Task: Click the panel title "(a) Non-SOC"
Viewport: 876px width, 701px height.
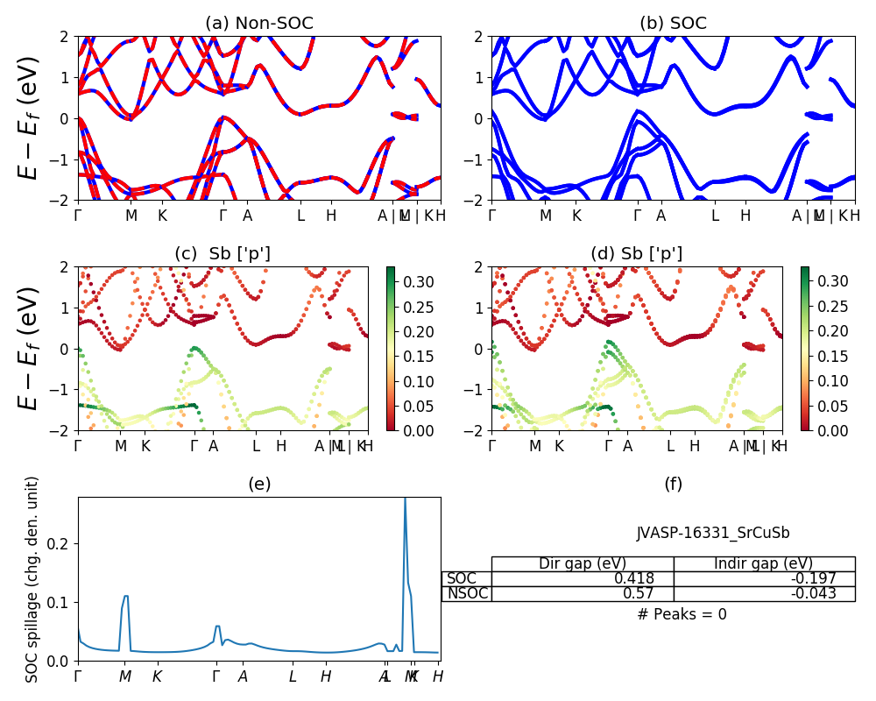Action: tap(258, 24)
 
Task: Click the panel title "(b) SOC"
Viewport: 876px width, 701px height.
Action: tap(673, 24)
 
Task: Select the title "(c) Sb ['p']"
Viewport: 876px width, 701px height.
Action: tap(223, 253)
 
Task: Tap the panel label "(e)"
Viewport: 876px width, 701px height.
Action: tap(258, 485)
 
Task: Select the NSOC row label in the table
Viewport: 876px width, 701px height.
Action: tap(466, 593)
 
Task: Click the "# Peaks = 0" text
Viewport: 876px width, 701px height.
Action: tap(682, 614)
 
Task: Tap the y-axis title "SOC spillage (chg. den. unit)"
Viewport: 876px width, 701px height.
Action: tap(32, 579)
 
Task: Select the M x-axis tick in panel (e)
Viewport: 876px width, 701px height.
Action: tap(125, 676)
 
